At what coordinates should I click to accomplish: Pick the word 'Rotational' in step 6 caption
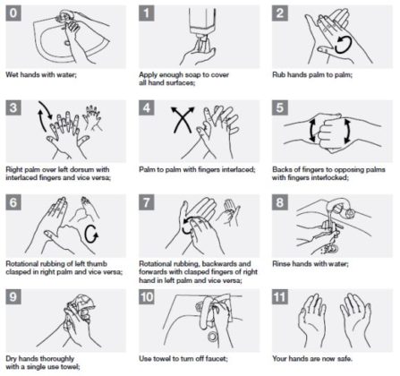pos(21,264)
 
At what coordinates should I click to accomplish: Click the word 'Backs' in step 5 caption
pos(283,169)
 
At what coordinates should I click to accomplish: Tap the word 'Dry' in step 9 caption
pos(12,358)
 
